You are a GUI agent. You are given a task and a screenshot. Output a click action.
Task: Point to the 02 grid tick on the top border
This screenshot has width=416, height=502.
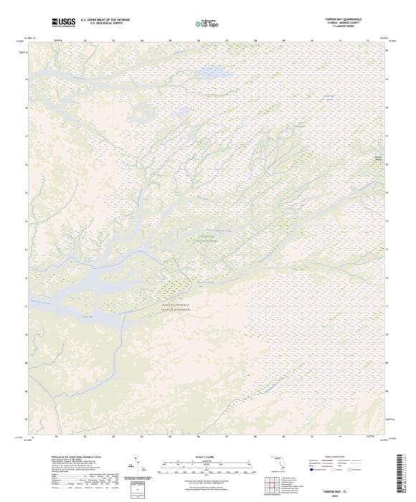point(85,41)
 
